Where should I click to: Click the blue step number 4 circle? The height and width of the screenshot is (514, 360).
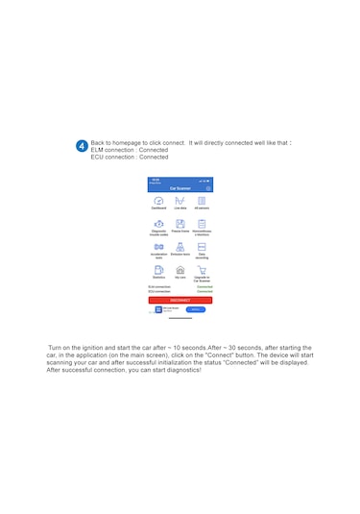tap(82, 146)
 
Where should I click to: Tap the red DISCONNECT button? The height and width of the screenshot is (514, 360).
tap(180, 301)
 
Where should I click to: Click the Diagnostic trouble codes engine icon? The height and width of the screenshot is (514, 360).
tap(158, 223)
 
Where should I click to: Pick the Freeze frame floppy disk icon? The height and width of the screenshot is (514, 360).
tap(180, 223)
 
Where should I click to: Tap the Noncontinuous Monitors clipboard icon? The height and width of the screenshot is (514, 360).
tap(202, 223)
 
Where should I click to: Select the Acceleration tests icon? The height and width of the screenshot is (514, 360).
tap(158, 247)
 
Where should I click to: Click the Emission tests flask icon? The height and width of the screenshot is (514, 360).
tap(180, 247)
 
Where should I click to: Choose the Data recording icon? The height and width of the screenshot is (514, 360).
tap(202, 247)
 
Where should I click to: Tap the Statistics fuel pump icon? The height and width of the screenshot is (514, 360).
tap(158, 270)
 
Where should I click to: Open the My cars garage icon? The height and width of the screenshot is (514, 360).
tap(180, 270)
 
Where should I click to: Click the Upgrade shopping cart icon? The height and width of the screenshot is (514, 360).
tap(202, 270)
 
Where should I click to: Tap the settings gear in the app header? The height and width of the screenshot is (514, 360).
tap(208, 188)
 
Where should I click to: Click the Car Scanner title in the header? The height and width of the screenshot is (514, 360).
tap(180, 188)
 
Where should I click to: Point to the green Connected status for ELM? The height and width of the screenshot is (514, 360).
tap(204, 286)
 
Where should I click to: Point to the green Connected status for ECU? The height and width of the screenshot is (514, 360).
tap(204, 291)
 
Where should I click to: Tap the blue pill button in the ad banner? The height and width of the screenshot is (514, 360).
tap(195, 309)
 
